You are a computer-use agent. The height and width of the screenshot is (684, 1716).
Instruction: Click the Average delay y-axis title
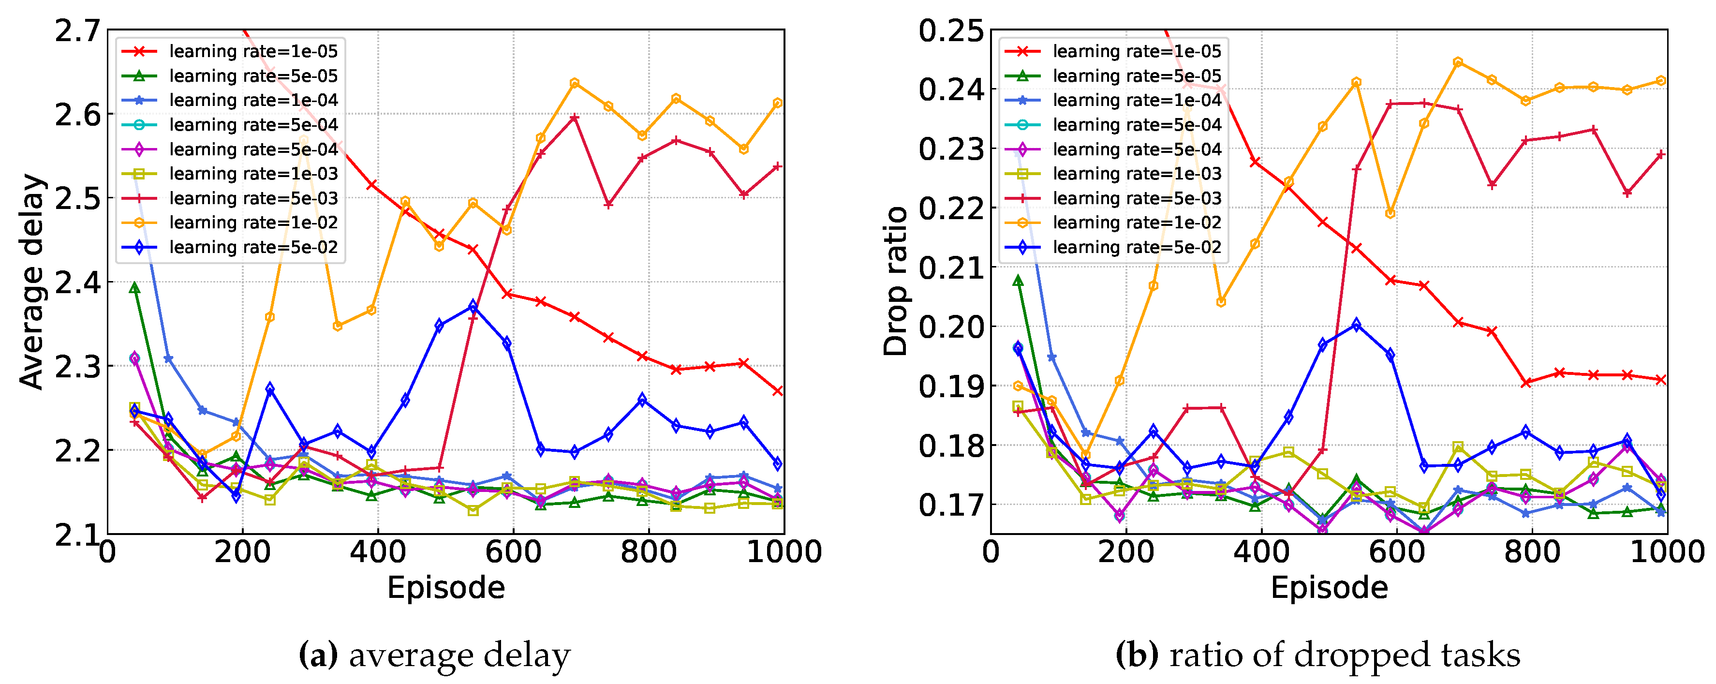[31, 282]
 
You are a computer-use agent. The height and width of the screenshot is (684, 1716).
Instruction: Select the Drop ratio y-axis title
[896, 282]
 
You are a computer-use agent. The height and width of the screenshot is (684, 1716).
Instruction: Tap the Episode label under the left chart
[445, 588]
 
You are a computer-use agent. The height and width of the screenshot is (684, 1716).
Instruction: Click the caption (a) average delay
[434, 655]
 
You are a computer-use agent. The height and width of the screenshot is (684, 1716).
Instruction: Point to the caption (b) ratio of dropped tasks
[1317, 655]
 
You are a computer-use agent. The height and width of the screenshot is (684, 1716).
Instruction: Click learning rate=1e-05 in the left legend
[253, 51]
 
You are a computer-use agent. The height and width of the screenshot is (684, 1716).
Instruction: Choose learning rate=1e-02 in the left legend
[253, 223]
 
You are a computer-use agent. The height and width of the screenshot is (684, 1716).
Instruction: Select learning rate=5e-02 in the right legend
[1137, 247]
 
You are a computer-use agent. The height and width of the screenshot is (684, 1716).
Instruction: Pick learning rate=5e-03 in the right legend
[1137, 198]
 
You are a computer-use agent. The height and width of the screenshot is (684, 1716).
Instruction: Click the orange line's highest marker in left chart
[574, 83]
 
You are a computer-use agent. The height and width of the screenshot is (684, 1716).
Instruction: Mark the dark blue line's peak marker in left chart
[473, 306]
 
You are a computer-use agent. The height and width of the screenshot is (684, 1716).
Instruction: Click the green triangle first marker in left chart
[134, 288]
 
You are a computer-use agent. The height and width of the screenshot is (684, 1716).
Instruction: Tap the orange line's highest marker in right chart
[1458, 62]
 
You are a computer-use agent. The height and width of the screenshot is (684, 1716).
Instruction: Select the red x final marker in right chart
[1661, 380]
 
